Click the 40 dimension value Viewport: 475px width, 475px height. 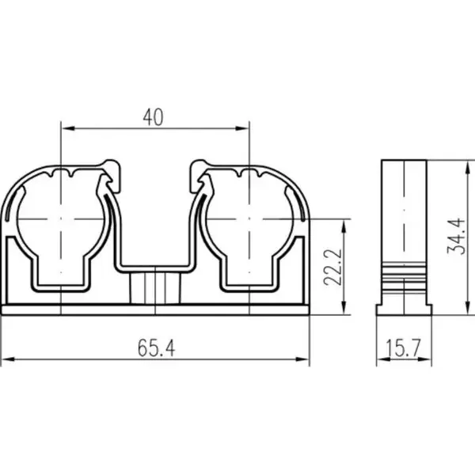(154, 117)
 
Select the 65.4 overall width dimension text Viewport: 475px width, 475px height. (156, 348)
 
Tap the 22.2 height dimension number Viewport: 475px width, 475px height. (333, 268)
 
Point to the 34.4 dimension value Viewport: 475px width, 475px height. (456, 236)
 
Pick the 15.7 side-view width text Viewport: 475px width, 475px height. (404, 348)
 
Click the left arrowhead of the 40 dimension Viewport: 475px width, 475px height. (68, 128)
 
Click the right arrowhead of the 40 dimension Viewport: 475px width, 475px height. (241, 128)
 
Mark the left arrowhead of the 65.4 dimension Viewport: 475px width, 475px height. (8, 359)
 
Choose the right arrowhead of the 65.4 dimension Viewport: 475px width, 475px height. (302, 359)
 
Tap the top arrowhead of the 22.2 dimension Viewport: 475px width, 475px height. (344, 226)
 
